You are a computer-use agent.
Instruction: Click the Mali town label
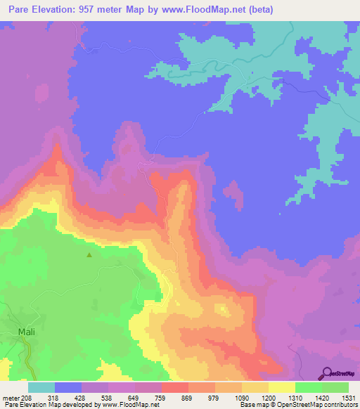[26, 330]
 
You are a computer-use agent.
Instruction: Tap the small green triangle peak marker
[89, 255]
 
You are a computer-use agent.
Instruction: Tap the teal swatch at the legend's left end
[41, 387]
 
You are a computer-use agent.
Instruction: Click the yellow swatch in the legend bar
[281, 387]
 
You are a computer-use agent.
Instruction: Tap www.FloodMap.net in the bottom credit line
[124, 404]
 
